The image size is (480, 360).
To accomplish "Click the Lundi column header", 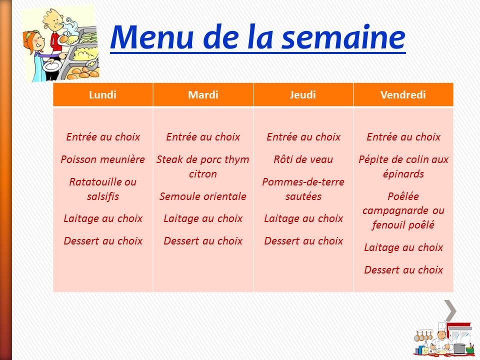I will [102, 95].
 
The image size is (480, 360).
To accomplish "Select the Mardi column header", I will [203, 95].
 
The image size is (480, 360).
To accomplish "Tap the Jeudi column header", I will [303, 95].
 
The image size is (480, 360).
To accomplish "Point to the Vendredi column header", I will [403, 95].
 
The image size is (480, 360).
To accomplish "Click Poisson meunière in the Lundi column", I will [102, 159].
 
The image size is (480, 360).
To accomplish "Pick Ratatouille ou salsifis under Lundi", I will [102, 188].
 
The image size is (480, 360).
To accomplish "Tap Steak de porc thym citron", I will [203, 166].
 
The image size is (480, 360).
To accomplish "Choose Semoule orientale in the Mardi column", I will [203, 196].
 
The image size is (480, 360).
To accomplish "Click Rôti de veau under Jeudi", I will [303, 159].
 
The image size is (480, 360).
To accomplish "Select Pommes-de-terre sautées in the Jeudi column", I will [303, 188].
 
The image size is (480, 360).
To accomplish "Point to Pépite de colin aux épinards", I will [403, 166].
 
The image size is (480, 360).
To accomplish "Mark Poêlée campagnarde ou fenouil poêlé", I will [403, 210].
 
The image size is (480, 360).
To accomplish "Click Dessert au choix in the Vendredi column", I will [403, 269].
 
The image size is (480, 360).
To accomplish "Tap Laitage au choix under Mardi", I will [203, 218].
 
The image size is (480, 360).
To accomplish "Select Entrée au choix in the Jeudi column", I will [303, 136].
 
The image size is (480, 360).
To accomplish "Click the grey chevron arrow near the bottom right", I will [450, 310].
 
